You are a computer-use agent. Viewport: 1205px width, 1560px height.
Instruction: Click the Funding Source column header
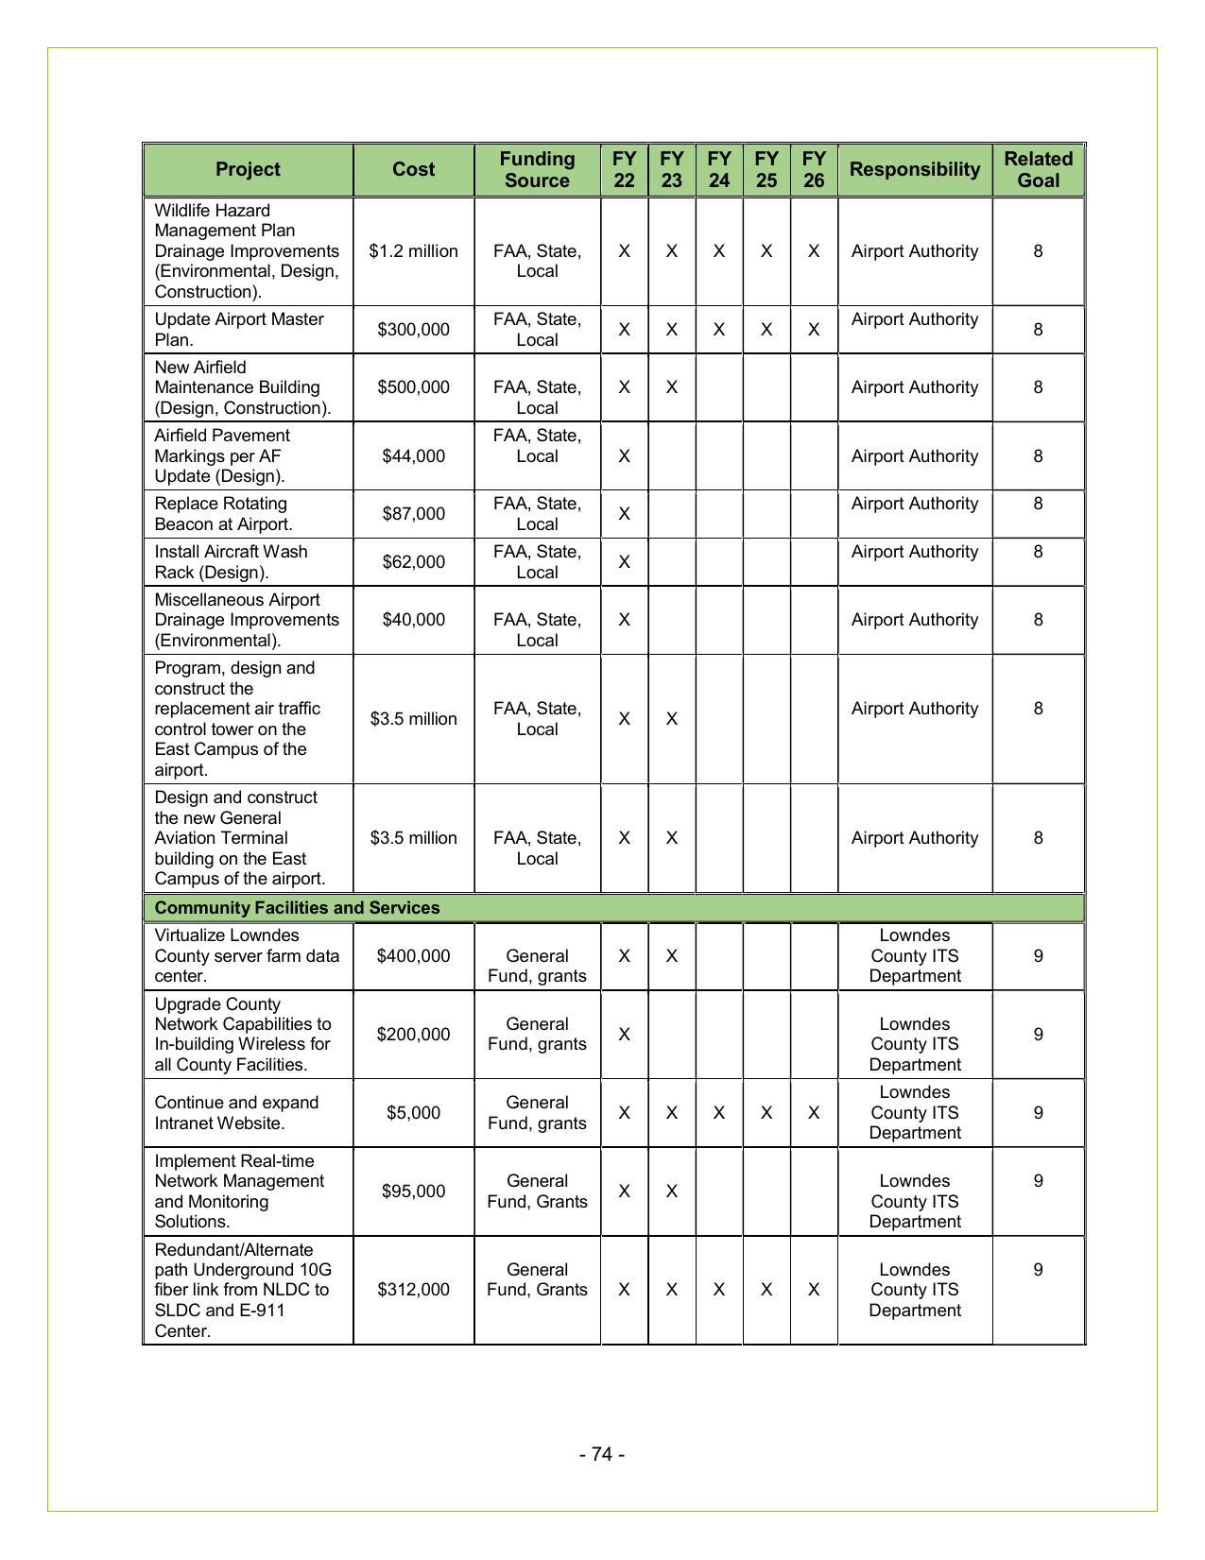[537, 170]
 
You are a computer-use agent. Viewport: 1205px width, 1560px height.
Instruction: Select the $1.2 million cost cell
[413, 251]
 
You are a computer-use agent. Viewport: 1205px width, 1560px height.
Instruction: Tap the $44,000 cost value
[413, 456]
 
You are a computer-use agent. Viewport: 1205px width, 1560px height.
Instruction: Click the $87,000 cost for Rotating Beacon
[413, 514]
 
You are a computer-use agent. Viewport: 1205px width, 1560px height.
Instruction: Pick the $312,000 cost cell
[413, 1290]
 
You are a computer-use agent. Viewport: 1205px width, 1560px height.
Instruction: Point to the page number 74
[602, 1454]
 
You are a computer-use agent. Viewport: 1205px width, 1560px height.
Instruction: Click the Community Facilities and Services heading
[297, 908]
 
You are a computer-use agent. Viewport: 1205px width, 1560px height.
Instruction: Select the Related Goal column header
[1038, 170]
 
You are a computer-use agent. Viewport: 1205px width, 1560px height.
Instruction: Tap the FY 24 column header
[718, 170]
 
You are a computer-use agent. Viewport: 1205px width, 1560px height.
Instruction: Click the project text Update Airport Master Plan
[238, 330]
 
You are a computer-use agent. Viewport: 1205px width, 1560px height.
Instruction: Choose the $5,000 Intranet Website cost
[413, 1113]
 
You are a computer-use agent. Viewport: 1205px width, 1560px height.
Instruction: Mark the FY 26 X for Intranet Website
[813, 1113]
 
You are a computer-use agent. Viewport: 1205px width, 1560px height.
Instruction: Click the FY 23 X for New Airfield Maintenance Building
[671, 387]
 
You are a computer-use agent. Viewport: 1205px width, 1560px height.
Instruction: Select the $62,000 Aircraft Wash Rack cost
[413, 562]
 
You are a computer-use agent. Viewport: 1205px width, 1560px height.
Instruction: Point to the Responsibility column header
[914, 170]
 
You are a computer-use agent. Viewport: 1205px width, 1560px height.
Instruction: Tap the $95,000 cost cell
[413, 1191]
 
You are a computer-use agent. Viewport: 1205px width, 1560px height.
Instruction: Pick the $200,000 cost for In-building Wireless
[413, 1035]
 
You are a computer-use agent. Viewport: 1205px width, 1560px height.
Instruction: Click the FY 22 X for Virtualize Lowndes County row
[624, 956]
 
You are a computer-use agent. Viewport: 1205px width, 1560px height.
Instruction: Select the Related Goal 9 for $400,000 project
[1038, 956]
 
